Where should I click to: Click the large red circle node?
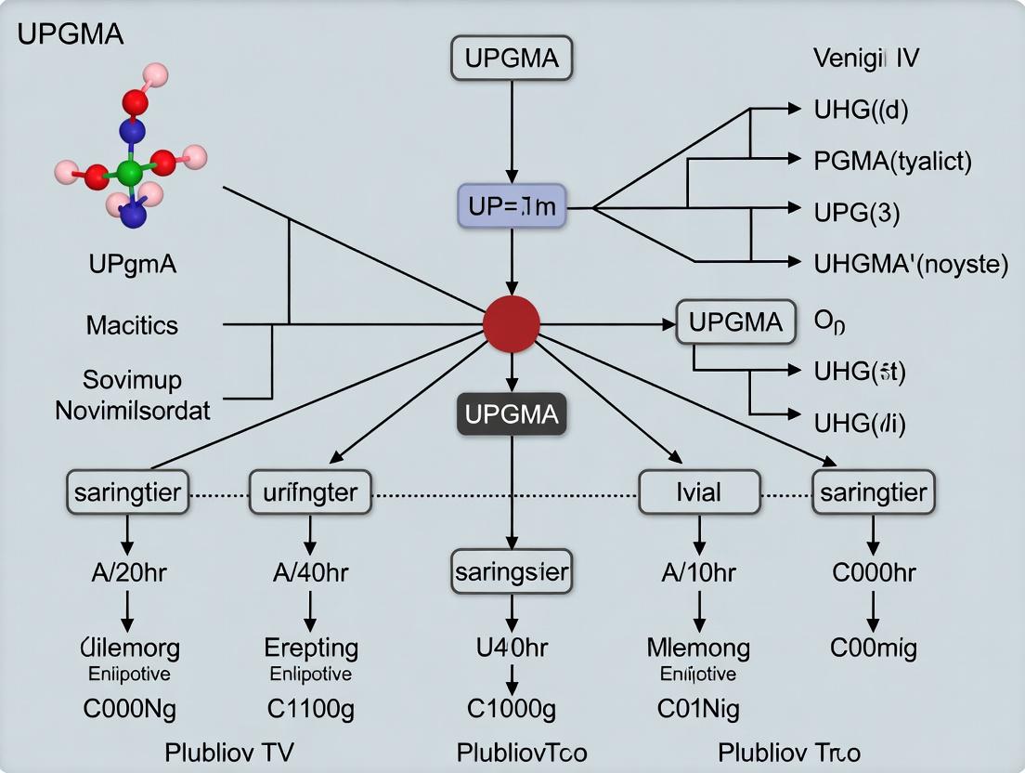pyautogui.click(x=512, y=324)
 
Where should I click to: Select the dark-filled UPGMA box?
pyautogui.click(x=512, y=414)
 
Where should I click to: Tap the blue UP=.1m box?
pyautogui.click(x=512, y=206)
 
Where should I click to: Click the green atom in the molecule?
pyautogui.click(x=130, y=171)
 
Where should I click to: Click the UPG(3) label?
pyautogui.click(x=857, y=212)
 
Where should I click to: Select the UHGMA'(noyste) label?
pyautogui.click(x=910, y=264)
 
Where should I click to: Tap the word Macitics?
pyautogui.click(x=132, y=325)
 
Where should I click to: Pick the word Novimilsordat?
pyautogui.click(x=133, y=410)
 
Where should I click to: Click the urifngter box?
pyautogui.click(x=310, y=491)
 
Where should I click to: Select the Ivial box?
pyautogui.click(x=699, y=491)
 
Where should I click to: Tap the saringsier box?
pyautogui.click(x=512, y=571)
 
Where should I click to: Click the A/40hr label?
pyautogui.click(x=310, y=572)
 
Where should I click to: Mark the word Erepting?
pyautogui.click(x=311, y=647)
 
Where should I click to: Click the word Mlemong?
pyautogui.click(x=698, y=647)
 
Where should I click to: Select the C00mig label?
pyautogui.click(x=873, y=647)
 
